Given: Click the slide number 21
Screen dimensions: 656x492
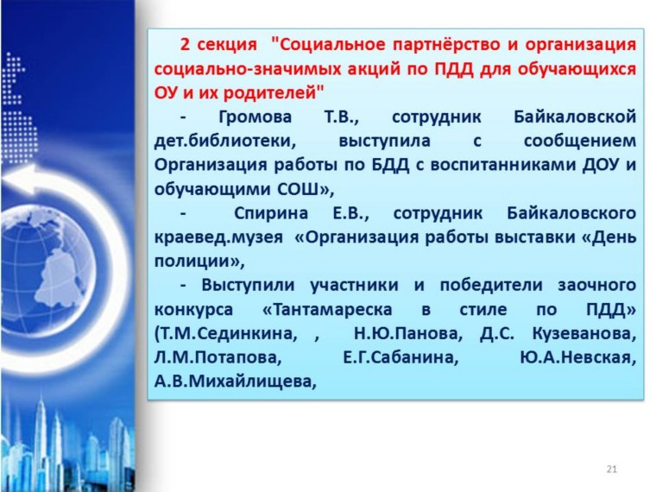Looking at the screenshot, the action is (x=611, y=469).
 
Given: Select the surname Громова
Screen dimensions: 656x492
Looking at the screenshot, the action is (x=255, y=117).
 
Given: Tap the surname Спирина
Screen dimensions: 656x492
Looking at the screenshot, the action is (x=271, y=213).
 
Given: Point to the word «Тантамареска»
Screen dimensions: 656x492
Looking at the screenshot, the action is (x=327, y=310).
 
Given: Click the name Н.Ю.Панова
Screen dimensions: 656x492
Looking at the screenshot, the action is (x=408, y=333).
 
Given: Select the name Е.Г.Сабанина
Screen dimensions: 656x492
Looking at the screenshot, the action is (x=401, y=357).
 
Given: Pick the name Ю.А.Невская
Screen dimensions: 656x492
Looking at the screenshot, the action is (x=577, y=357).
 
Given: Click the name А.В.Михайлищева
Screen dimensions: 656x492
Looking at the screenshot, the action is (x=235, y=382).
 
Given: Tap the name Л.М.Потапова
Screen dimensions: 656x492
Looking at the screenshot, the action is (x=218, y=357).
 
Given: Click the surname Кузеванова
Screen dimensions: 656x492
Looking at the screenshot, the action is (x=584, y=333).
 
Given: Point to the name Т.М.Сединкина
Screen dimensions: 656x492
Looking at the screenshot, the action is (x=226, y=333).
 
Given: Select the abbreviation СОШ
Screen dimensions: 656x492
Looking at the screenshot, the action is (x=298, y=189).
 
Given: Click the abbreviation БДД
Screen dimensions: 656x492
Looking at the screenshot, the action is (x=390, y=165).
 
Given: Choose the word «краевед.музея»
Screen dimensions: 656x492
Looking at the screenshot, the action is (x=218, y=237).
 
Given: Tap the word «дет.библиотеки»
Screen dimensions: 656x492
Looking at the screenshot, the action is (x=225, y=141).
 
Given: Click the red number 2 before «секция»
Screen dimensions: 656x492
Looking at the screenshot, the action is (x=185, y=44).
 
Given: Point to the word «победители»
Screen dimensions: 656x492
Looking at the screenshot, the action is (x=491, y=286).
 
